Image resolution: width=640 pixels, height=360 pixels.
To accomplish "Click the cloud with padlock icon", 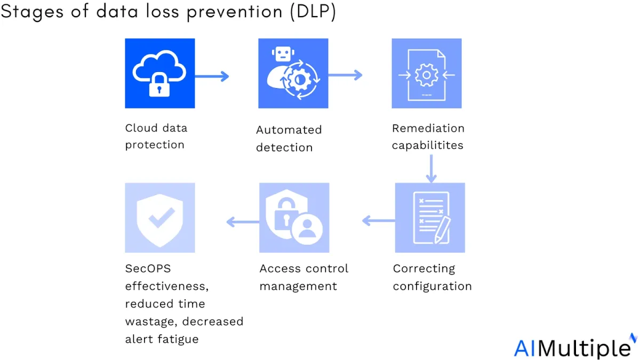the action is click(159, 73).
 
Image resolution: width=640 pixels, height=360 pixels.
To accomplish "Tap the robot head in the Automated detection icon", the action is click(283, 54).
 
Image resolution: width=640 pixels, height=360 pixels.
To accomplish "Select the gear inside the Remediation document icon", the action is click(426, 75).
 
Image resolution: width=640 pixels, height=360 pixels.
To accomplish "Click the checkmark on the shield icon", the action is click(162, 218).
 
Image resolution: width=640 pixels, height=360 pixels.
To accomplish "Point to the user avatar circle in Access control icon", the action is click(307, 228).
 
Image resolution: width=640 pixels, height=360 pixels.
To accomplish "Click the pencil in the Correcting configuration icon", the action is click(442, 230).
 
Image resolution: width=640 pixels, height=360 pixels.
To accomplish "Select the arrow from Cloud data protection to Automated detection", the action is click(212, 76).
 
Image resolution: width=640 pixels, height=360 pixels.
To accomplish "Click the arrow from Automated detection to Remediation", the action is click(345, 75).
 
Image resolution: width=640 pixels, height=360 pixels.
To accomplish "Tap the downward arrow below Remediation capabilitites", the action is click(431, 169).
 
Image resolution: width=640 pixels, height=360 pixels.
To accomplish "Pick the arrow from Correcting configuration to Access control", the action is click(379, 221).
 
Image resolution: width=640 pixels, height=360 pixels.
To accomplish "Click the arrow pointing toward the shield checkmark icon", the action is click(243, 222).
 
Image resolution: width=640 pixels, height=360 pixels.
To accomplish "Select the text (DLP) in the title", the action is click(313, 12).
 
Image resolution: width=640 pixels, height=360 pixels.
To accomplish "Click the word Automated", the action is click(289, 130).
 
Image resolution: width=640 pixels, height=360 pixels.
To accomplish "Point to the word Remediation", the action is click(428, 129).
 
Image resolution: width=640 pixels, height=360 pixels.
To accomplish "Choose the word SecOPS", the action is click(148, 269).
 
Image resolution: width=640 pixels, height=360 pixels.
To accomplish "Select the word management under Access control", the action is click(298, 286).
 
